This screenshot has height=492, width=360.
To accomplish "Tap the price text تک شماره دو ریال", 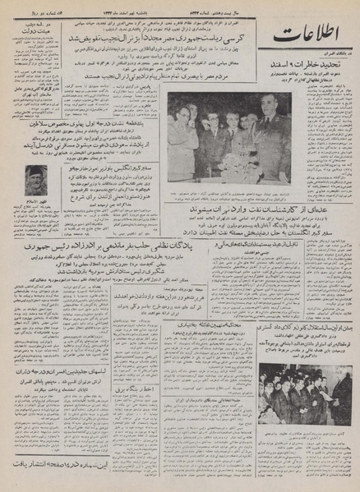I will click(x=38, y=7).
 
